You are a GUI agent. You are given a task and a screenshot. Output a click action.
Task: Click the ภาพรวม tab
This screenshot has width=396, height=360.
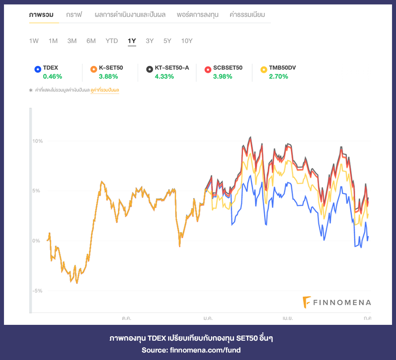coord(41,15)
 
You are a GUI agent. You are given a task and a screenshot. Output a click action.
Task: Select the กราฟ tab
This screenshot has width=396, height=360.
coord(74,15)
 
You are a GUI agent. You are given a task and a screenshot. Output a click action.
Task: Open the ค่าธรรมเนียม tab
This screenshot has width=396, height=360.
coord(247,15)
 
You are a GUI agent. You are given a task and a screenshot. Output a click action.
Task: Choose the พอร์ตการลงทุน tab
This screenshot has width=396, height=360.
coord(198,15)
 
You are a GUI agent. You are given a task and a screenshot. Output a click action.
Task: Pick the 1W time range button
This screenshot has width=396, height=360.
coord(34,41)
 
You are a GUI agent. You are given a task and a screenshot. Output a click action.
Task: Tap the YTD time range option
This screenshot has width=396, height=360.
coord(112,41)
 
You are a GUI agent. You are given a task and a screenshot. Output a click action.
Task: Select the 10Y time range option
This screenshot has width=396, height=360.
coord(187,41)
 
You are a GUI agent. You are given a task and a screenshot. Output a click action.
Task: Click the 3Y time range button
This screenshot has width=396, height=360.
coord(150,41)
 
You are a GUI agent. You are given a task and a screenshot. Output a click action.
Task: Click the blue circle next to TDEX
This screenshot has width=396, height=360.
coord(37,69)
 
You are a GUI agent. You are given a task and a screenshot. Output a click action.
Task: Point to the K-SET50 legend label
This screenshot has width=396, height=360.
coord(110,68)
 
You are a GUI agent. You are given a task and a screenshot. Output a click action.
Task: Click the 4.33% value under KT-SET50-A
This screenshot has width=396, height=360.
coord(164,76)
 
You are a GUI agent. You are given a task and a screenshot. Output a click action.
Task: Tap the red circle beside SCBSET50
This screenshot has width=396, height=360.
coord(208,69)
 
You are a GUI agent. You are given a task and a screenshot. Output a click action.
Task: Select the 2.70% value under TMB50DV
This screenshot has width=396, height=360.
coord(279,76)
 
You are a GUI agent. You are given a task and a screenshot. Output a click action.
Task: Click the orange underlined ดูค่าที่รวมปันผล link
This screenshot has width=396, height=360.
coord(105,90)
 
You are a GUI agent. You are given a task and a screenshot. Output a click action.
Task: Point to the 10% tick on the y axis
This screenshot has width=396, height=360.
coord(37,141)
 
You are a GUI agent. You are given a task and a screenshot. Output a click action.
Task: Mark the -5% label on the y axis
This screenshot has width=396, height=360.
coord(37,291)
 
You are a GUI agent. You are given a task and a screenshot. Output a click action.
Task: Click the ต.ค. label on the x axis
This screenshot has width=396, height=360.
coord(126,317)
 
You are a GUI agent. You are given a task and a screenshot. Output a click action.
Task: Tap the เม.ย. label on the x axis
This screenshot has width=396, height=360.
coord(287,317)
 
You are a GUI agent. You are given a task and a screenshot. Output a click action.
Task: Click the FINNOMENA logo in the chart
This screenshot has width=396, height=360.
coord(337,302)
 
